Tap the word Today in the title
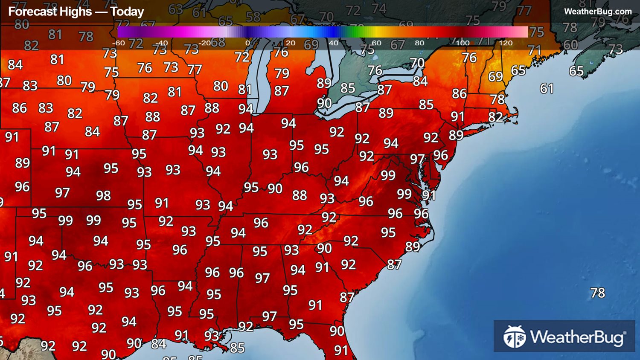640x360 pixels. pos(127,12)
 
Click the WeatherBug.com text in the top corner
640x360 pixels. pos(598,12)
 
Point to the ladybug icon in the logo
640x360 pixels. pos(515,337)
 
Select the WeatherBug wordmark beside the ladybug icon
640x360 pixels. pos(578,337)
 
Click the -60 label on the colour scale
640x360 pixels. pos(118,43)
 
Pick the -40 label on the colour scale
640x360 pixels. pos(161,43)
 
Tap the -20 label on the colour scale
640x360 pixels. pos(204,43)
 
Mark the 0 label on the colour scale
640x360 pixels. pos(247,43)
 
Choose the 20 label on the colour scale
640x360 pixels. pos(291,43)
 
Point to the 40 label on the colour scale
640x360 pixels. pos(334,43)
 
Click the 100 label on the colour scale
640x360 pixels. pos(463,43)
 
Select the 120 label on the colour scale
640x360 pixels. pos(506,43)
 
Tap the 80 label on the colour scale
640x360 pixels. pos(419,43)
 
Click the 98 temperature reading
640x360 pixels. pos(103,196)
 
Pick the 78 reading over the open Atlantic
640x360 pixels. pos(597,293)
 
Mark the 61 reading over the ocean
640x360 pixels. pos(547,89)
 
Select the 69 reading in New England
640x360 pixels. pos(495,77)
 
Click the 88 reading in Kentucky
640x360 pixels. pos(300,195)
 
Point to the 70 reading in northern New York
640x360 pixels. pos(417,63)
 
